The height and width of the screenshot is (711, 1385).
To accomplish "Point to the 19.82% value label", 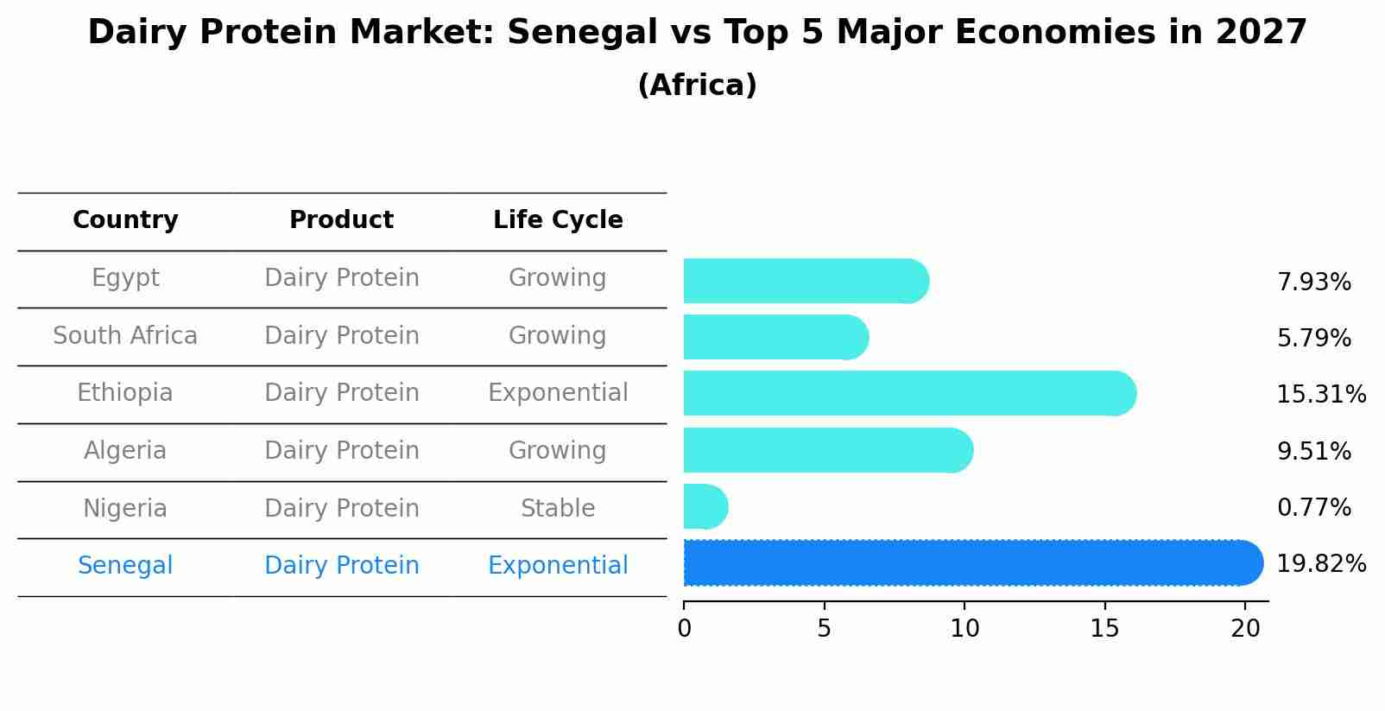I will click(1320, 564).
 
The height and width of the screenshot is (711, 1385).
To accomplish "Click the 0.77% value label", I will click(1313, 508).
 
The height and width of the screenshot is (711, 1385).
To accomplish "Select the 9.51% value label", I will click(1313, 452).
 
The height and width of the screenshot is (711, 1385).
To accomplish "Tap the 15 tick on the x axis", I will click(1104, 629).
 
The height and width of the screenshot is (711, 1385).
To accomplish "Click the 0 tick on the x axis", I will click(684, 629).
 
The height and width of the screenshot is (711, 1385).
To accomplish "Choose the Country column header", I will click(125, 220).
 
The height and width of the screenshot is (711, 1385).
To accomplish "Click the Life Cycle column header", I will click(558, 220).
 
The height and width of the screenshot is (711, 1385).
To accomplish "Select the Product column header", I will click(341, 220).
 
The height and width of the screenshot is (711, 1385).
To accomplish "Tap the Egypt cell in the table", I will click(125, 278).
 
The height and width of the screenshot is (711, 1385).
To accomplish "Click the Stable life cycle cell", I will click(558, 509).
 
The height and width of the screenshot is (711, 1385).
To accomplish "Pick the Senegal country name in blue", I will click(125, 566).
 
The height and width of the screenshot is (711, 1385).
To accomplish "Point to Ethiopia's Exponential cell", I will click(558, 393).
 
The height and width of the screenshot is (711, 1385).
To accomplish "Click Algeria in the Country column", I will click(125, 451).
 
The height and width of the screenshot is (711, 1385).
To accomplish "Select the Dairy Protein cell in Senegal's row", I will click(341, 566).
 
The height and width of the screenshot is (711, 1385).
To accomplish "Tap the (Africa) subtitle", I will click(697, 86).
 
